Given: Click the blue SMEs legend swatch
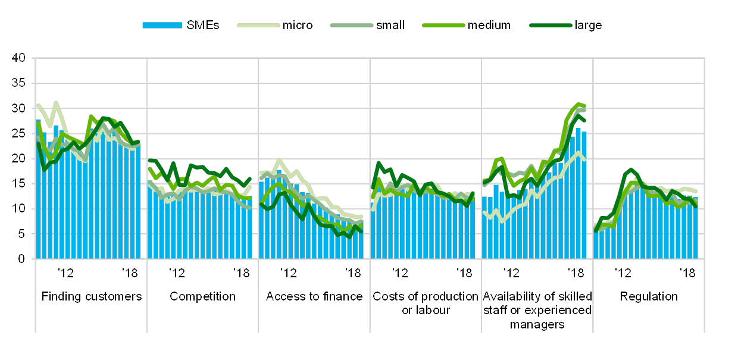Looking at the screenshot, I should click(x=162, y=25).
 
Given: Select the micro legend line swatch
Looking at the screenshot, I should click(x=258, y=25).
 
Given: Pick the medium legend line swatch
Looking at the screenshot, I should click(x=443, y=25).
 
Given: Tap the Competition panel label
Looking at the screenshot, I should click(x=202, y=296).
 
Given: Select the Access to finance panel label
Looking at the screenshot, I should click(x=314, y=296).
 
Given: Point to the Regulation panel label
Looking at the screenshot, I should click(x=648, y=296).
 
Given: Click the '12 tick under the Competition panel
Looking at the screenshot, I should click(x=176, y=273).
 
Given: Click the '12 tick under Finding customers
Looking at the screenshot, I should click(x=65, y=273).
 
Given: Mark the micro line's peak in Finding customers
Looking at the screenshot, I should click(x=57, y=102).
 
